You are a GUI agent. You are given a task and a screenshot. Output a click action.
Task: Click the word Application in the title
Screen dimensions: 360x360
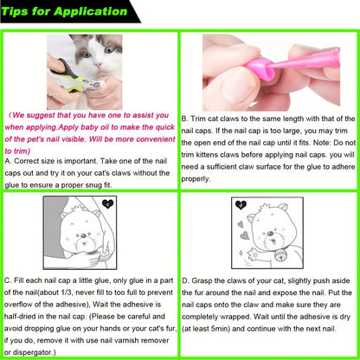pyautogui.click(x=90, y=11)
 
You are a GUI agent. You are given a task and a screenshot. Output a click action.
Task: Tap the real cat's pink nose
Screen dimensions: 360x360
pyautogui.click(x=99, y=65)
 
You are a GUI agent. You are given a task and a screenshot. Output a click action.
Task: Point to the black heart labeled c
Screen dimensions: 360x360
pyautogui.click(x=108, y=204)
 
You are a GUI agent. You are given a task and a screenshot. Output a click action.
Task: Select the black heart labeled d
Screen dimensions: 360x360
pyautogui.click(x=241, y=205)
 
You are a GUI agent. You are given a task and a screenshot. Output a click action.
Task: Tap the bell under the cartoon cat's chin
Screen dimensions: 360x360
pyautogui.click(x=280, y=254)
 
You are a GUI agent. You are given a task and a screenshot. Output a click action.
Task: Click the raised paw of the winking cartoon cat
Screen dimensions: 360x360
pyautogui.click(x=254, y=254)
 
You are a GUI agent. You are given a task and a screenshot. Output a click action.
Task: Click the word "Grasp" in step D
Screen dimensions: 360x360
pyautogui.click(x=202, y=280)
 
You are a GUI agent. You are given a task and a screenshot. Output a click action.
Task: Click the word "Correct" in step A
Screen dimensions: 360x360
pyautogui.click(x=27, y=161)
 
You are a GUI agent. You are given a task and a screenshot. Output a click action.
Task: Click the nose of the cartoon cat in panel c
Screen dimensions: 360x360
pyautogui.click(x=84, y=236)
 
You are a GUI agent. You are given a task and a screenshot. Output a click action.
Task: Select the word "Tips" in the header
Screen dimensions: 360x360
pyautogui.click(x=15, y=12)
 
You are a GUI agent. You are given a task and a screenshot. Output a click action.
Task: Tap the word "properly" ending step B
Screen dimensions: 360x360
pyautogui.click(x=196, y=179)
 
